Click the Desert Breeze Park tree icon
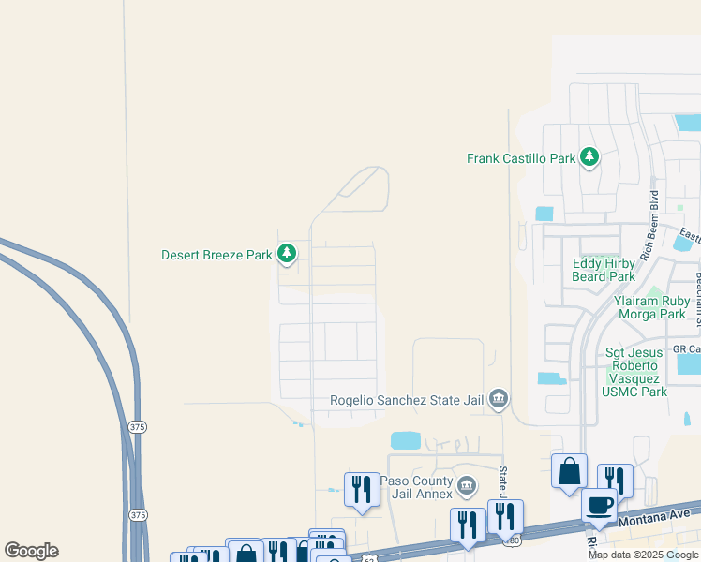(x=287, y=253)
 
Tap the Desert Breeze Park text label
(x=216, y=254)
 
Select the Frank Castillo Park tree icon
(x=589, y=157)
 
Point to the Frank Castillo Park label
(x=521, y=158)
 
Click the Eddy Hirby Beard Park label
(x=604, y=270)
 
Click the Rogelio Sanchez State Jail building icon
(x=499, y=400)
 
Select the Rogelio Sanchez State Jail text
(x=407, y=400)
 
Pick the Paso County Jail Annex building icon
(x=467, y=487)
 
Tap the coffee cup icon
(x=600, y=506)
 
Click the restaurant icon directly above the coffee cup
(x=615, y=480)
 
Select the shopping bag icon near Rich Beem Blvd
(x=569, y=471)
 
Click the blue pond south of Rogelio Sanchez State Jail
(x=405, y=440)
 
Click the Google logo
(x=31, y=550)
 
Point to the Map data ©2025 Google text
(x=642, y=555)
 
